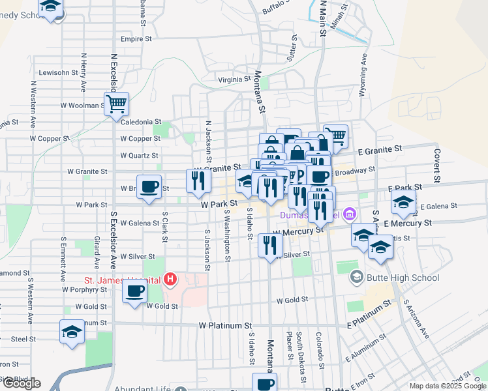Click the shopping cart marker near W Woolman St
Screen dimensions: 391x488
(116, 103)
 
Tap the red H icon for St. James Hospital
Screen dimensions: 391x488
(170, 280)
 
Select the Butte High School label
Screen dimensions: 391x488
(403, 278)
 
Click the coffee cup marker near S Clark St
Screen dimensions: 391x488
(149, 187)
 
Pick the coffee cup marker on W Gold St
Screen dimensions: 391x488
(135, 290)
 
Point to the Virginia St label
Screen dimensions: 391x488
(234, 80)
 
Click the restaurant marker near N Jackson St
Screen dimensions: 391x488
(198, 181)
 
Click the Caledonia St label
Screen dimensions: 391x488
(140, 122)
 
